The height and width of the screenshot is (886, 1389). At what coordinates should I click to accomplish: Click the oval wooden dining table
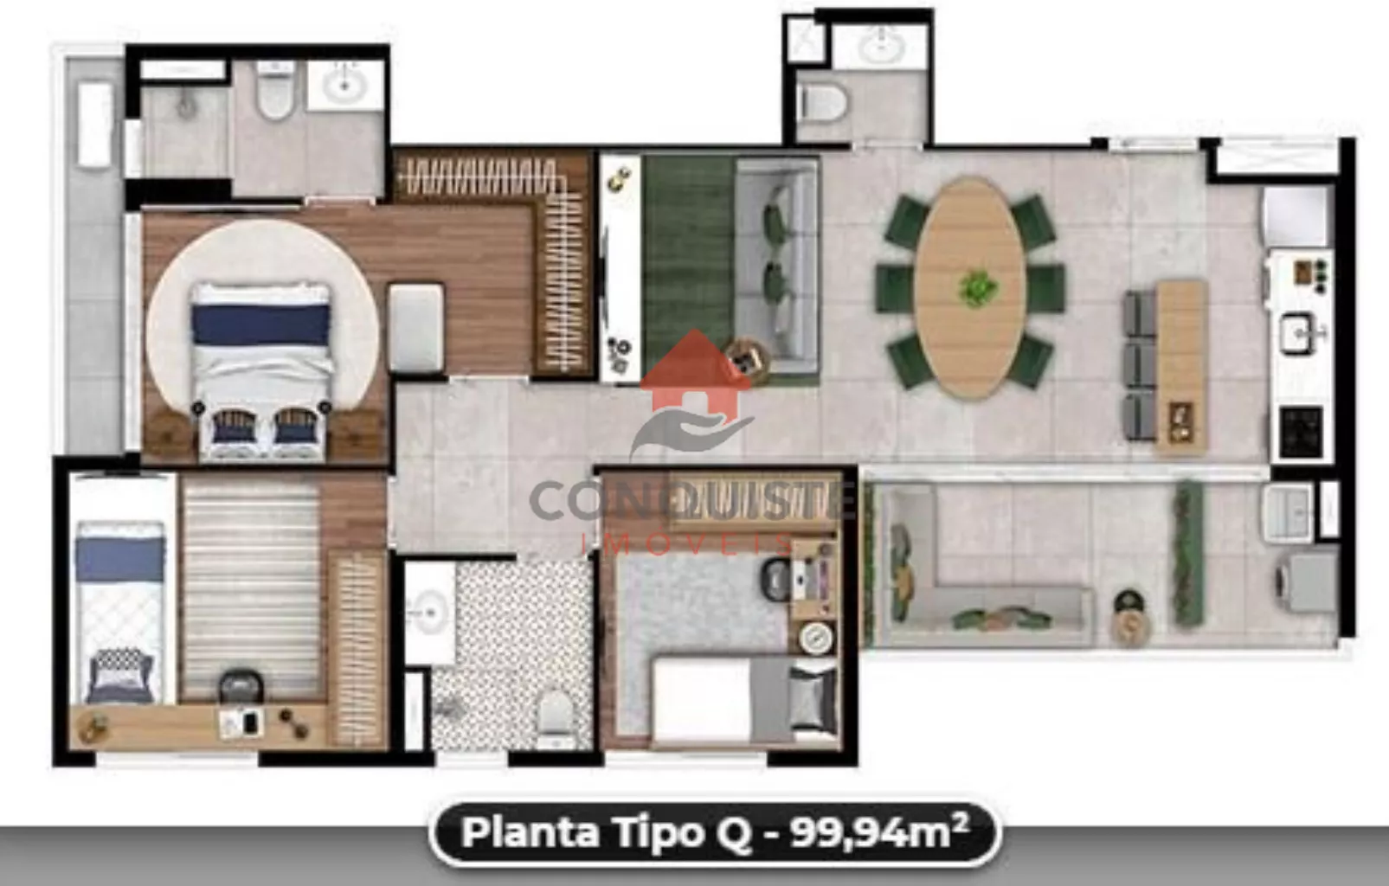[x=969, y=287]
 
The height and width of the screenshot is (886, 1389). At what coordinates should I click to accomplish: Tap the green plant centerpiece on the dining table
[x=978, y=289]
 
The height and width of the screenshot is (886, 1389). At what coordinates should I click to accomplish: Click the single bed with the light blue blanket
[x=120, y=613]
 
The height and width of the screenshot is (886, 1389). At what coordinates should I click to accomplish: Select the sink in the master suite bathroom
[x=344, y=84]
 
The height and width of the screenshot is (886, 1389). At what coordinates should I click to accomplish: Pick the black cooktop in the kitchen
[x=1302, y=432]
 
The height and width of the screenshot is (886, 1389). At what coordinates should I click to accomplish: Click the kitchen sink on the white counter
[x=1298, y=334]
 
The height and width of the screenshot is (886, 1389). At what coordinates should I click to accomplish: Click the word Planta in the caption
[x=530, y=832]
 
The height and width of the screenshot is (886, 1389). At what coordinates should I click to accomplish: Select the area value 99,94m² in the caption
[x=878, y=831]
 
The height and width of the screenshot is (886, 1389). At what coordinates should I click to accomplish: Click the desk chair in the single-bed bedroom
[x=241, y=688]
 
